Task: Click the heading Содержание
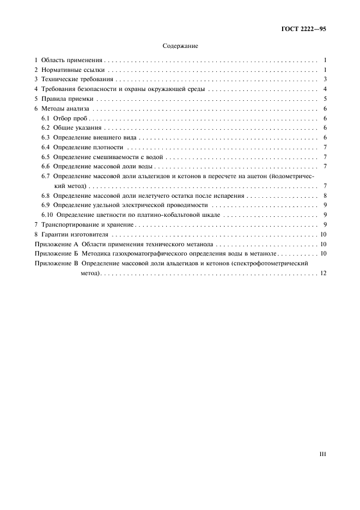point(180,47)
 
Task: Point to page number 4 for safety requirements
point(324,89)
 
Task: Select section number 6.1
point(46,118)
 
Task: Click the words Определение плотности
point(88,147)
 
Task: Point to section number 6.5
point(46,157)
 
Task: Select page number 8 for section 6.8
point(324,196)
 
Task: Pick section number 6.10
point(48,215)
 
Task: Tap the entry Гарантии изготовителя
point(74,234)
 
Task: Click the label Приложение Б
point(57,254)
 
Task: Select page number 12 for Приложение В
point(323,273)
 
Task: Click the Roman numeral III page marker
point(322,453)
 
